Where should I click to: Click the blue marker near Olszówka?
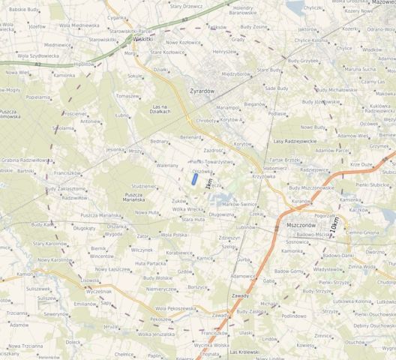(x=194, y=179)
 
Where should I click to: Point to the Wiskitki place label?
(x=142, y=39)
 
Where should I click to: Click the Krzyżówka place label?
(x=264, y=176)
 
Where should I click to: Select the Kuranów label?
(x=301, y=201)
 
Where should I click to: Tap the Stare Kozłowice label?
(x=167, y=52)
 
